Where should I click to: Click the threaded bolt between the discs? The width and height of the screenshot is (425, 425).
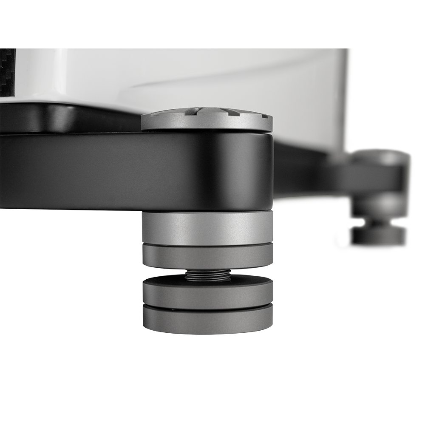208,275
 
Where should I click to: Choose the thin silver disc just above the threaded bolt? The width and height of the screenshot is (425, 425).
207,257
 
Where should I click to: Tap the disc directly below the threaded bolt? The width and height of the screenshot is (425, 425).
207,293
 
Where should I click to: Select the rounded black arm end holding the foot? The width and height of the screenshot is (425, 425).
238,170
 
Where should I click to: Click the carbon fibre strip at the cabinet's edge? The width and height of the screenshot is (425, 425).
7,72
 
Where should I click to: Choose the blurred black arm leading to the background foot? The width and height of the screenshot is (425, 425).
323,170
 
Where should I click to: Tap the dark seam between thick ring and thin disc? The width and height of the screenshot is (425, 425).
207,244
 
